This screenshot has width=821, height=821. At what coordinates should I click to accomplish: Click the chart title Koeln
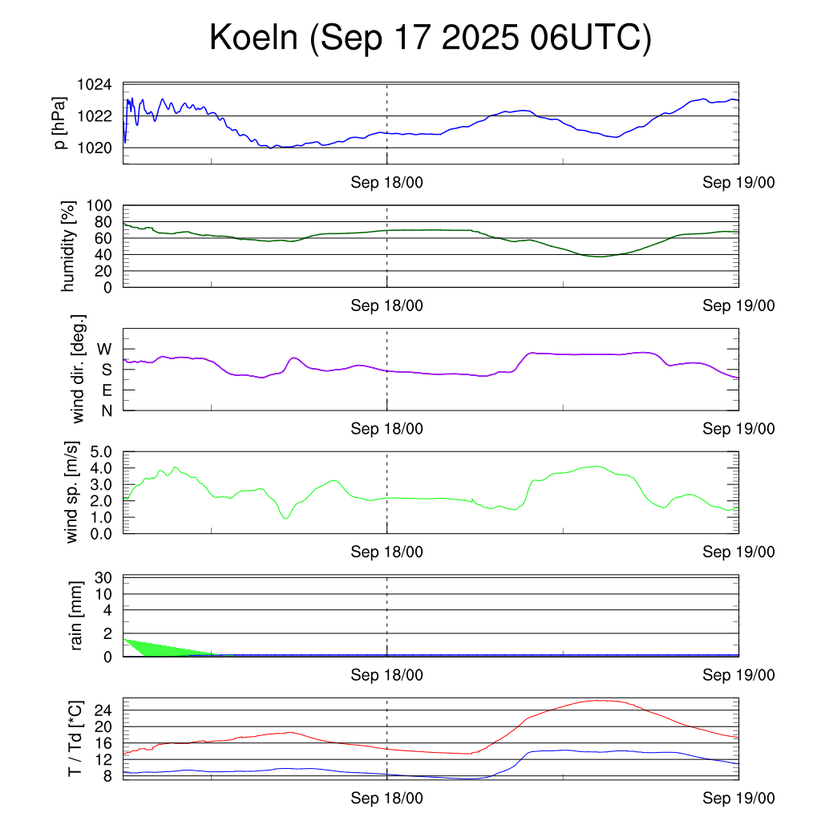pyautogui.click(x=430, y=38)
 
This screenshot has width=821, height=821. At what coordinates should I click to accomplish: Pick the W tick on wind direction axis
pyautogui.click(x=104, y=349)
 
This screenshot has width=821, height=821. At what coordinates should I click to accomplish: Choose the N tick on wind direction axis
pyautogui.click(x=106, y=410)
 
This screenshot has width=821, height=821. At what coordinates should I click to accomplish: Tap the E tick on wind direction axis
pyautogui.click(x=106, y=390)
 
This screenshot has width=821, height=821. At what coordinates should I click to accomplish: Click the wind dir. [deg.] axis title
pyautogui.click(x=78, y=370)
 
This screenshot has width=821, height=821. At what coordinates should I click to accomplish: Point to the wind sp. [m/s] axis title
pyautogui.click(x=73, y=492)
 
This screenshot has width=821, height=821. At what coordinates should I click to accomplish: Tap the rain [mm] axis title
pyautogui.click(x=78, y=616)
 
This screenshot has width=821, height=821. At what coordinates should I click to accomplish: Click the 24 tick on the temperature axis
pyautogui.click(x=104, y=710)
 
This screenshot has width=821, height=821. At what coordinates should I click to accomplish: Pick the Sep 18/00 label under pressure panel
pyautogui.click(x=387, y=183)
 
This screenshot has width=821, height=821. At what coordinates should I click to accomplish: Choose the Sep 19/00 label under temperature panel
pyautogui.click(x=738, y=799)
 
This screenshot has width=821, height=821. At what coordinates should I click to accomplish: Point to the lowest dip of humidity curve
pyautogui.click(x=600, y=257)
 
